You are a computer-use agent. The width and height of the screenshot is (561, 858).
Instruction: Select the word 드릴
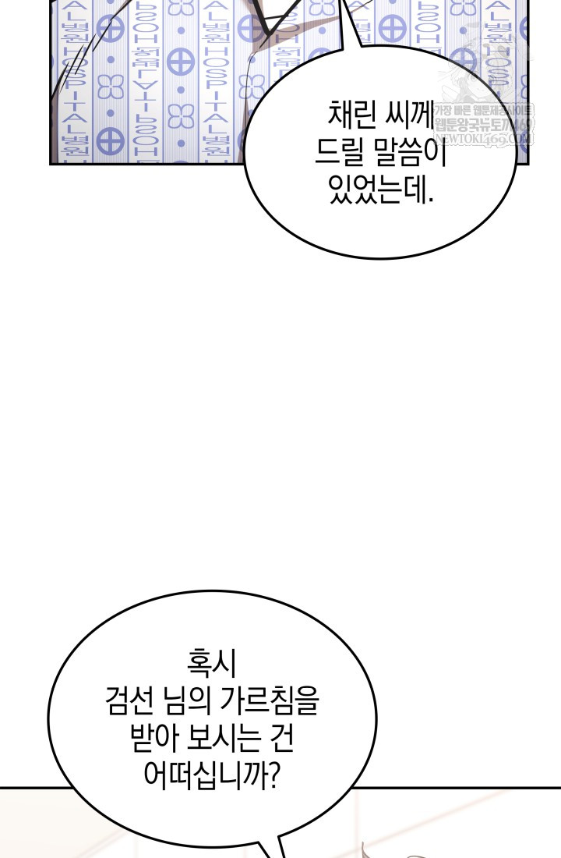[x=340, y=154]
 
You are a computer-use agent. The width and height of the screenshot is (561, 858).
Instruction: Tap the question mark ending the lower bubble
[x=273, y=774]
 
